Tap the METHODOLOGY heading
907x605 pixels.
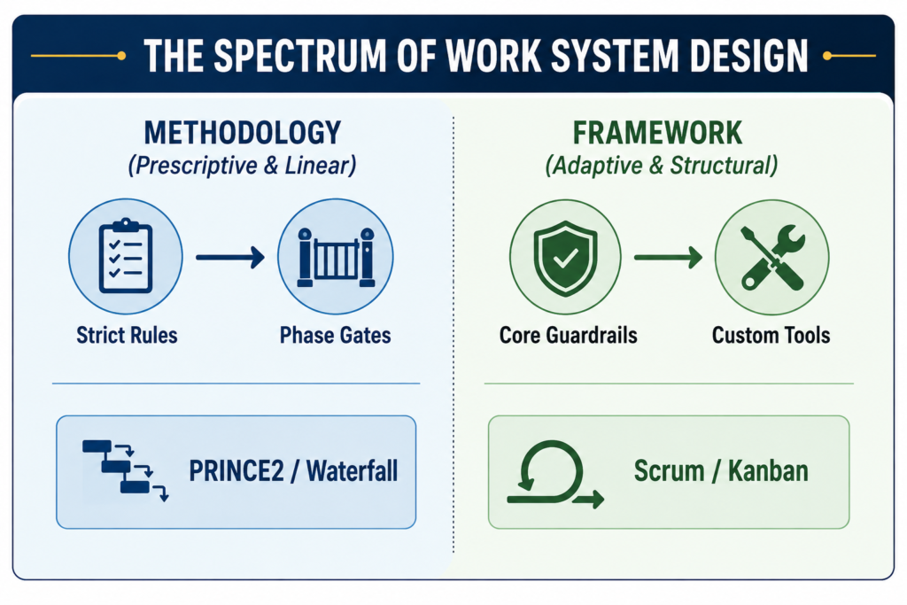243,133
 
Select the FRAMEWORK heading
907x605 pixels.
657,133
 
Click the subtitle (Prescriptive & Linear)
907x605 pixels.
242,166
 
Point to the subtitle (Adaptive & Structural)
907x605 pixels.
661,166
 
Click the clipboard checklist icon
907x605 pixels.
126,256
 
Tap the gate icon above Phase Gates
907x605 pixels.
336,258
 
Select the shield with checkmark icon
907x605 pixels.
565,259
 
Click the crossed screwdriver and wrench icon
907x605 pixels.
772,258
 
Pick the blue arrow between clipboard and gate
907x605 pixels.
230,257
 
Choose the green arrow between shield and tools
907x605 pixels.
668,257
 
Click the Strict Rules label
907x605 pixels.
127,336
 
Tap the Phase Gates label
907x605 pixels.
336,336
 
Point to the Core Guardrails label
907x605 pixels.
568,336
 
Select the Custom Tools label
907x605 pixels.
771,336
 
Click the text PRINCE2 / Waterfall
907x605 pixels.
293,471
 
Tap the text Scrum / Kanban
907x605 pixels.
721,471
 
